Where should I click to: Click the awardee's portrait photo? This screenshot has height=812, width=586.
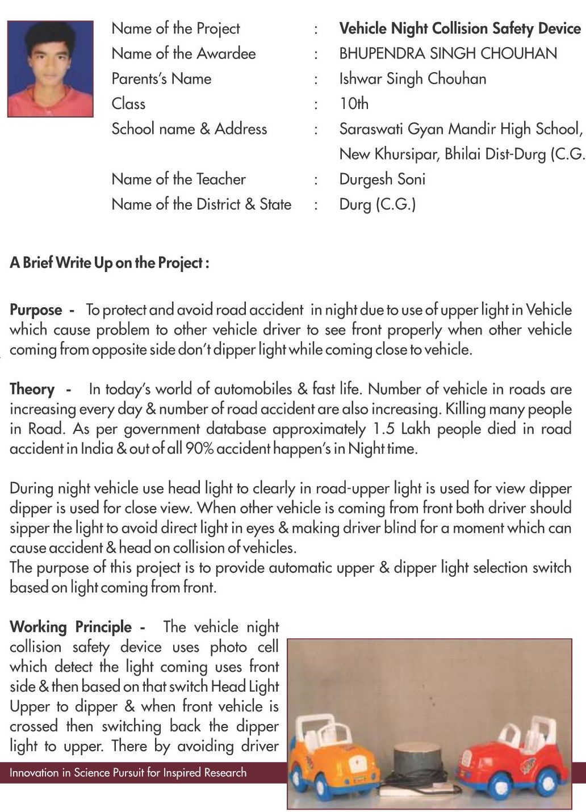51,69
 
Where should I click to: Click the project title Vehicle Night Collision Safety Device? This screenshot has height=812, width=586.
459,28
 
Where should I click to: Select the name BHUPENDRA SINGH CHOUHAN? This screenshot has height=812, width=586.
447,53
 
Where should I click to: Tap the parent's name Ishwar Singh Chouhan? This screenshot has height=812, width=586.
412,78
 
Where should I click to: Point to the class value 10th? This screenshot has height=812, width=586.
354,103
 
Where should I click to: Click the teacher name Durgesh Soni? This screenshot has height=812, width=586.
382,179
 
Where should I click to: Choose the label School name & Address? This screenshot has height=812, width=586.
189,129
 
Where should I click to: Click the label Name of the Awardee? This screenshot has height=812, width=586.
183,53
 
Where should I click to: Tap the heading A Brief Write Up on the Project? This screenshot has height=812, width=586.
109,263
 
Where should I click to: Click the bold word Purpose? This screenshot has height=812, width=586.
36,310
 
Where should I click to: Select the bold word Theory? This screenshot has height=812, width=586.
32,390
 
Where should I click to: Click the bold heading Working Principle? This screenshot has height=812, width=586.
70,627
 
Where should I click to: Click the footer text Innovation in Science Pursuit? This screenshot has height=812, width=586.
128,772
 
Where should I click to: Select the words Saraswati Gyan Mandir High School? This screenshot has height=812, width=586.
461,129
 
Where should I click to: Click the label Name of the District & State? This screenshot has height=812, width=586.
201,204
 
